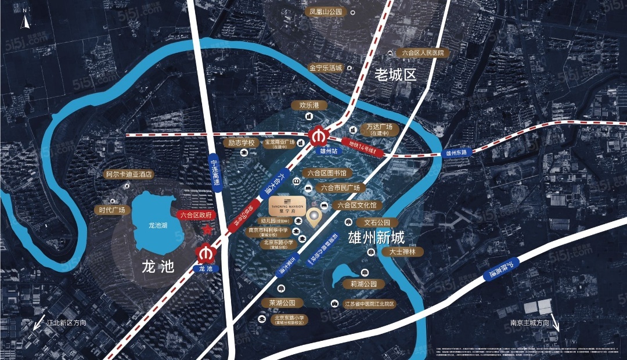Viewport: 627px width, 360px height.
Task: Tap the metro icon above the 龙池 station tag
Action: coord(204,254)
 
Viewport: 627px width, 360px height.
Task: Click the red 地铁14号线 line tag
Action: coord(364,147)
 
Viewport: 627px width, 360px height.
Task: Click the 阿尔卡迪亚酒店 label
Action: coord(128,174)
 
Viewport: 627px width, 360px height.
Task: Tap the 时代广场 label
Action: coord(112,210)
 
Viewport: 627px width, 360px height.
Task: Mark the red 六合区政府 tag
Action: coord(197,214)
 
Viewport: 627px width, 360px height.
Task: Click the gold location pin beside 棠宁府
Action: coord(315,217)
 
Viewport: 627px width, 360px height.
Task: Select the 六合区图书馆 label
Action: coord(327,173)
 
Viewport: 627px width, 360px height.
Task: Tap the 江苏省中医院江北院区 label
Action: coord(369,304)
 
